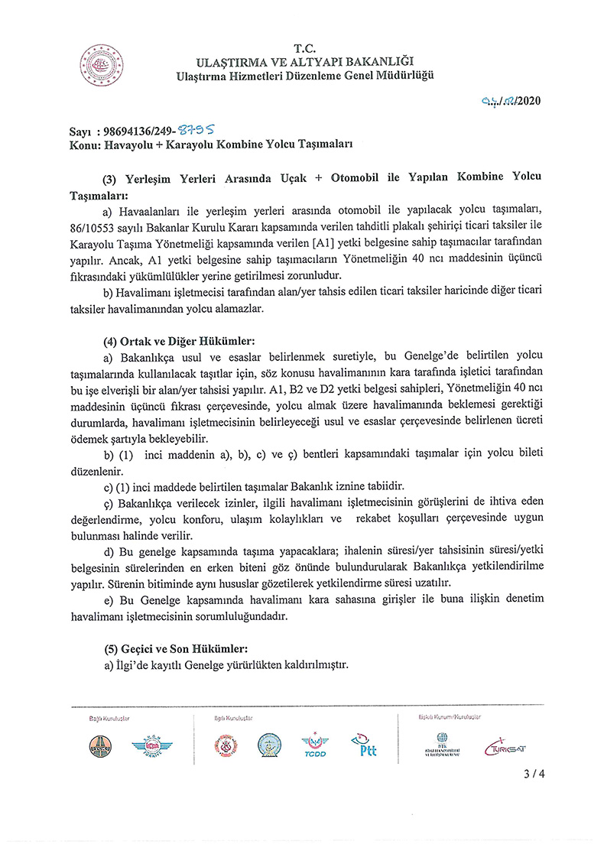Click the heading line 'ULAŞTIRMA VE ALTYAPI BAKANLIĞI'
[x=305, y=60]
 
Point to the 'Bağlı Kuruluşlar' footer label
[x=109, y=719]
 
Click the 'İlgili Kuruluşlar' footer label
[x=233, y=719]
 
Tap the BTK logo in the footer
[x=442, y=744]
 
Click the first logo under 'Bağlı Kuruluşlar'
[x=102, y=745]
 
